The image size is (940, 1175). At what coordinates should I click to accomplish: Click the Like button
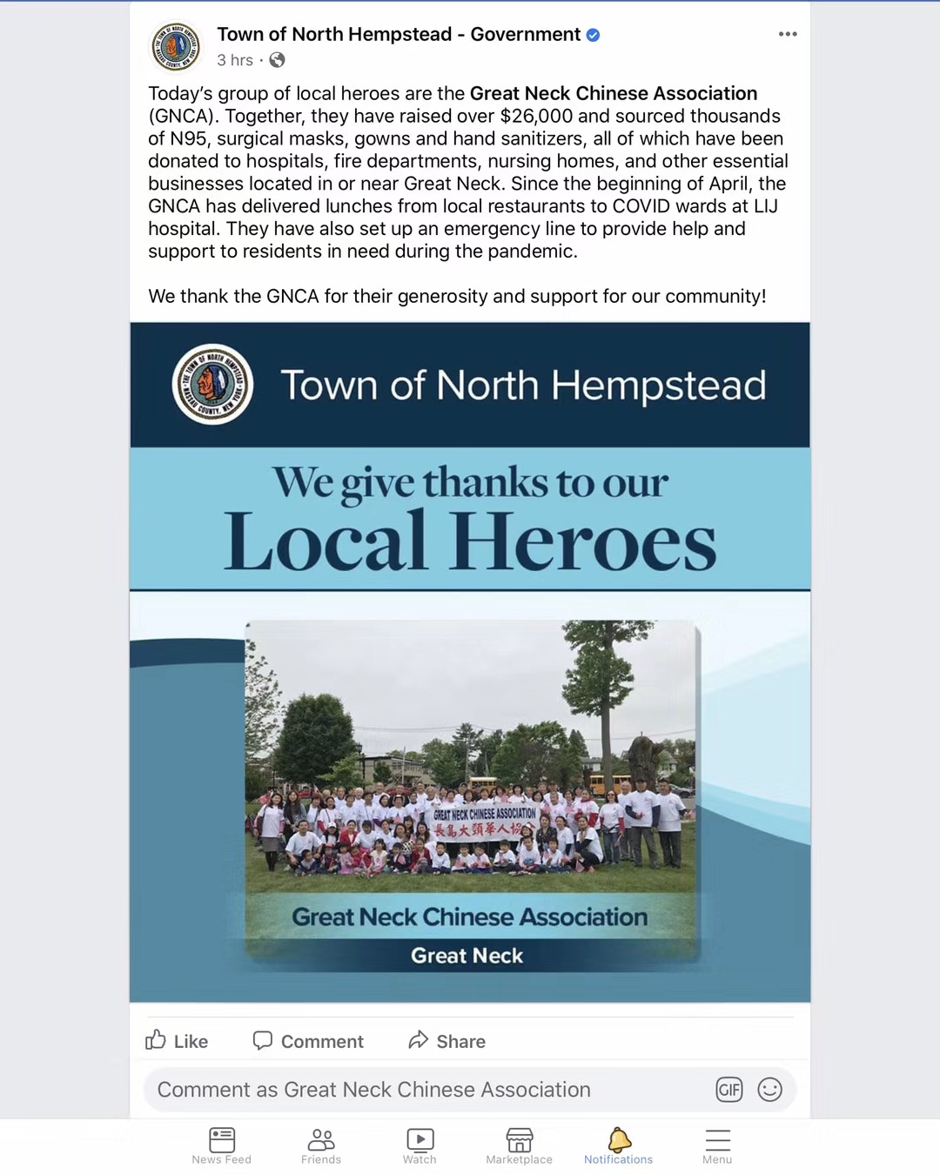pyautogui.click(x=177, y=1041)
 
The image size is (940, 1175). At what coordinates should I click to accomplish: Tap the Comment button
pyautogui.click(x=308, y=1041)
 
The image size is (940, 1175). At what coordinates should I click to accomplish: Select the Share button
pyautogui.click(x=446, y=1041)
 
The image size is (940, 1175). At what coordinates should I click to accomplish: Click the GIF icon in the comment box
pyautogui.click(x=729, y=1090)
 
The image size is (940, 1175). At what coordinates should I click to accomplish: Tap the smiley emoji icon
pyautogui.click(x=770, y=1090)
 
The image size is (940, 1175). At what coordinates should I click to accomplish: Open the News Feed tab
pyautogui.click(x=222, y=1145)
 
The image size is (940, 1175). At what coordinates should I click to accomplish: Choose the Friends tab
pyautogui.click(x=321, y=1145)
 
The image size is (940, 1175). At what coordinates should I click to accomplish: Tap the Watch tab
pyautogui.click(x=420, y=1145)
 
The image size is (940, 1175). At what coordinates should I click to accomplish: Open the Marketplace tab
pyautogui.click(x=520, y=1145)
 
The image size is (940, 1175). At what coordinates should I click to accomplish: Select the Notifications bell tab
pyautogui.click(x=619, y=1145)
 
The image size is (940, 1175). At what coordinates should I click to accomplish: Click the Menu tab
pyautogui.click(x=717, y=1145)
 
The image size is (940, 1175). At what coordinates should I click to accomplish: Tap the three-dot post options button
pyautogui.click(x=788, y=34)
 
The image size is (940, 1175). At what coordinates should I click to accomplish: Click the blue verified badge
pyautogui.click(x=593, y=35)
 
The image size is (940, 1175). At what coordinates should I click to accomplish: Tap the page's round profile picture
pyautogui.click(x=176, y=46)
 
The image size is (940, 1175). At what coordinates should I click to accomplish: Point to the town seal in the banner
pyautogui.click(x=213, y=384)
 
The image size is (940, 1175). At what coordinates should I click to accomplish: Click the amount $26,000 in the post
pyautogui.click(x=536, y=117)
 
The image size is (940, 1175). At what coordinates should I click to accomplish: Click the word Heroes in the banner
pyautogui.click(x=583, y=543)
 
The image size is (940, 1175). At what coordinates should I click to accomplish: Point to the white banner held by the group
pyautogui.click(x=485, y=821)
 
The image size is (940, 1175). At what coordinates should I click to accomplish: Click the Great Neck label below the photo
pyautogui.click(x=467, y=956)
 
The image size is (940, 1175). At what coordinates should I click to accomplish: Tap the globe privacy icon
pyautogui.click(x=277, y=60)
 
